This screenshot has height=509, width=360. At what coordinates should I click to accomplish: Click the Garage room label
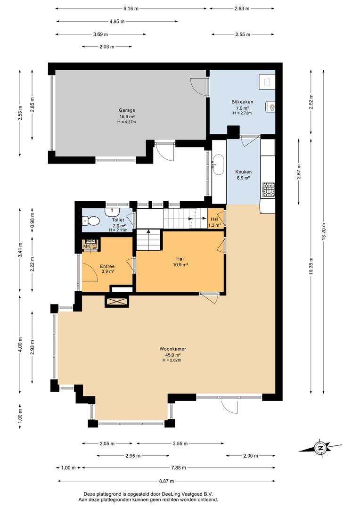click(x=127, y=110)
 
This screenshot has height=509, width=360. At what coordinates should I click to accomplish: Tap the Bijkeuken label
click(x=242, y=102)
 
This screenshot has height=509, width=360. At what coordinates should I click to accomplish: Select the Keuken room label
click(x=243, y=172)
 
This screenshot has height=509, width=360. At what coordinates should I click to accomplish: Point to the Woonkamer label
click(x=172, y=349)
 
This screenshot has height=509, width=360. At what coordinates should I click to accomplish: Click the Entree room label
click(x=107, y=266)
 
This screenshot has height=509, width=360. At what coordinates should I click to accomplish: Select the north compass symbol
click(x=320, y=448)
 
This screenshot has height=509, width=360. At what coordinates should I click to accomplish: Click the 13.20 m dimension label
click(x=323, y=232)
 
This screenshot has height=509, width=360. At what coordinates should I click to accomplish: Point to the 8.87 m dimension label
click(x=166, y=481)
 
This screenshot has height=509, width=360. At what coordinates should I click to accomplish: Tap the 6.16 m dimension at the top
click(x=131, y=9)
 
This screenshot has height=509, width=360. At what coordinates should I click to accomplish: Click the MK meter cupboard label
click(x=87, y=246)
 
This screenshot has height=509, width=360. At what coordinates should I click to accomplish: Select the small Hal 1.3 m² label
click(x=214, y=222)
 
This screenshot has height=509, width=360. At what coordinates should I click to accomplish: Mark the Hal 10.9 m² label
click(x=181, y=262)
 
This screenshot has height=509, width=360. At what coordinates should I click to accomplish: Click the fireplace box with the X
click(x=117, y=302)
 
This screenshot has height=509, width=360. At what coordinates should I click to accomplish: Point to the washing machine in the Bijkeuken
click(x=267, y=82)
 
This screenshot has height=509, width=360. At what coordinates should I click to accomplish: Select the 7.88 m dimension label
click(x=179, y=468)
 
